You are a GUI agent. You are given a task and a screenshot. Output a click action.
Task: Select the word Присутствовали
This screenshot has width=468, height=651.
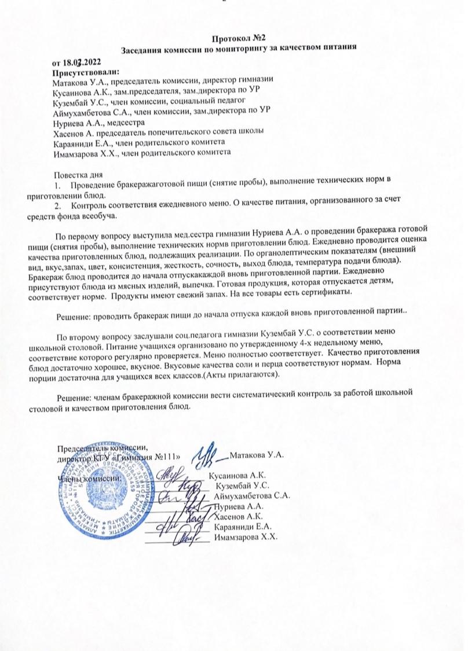coord(85,72)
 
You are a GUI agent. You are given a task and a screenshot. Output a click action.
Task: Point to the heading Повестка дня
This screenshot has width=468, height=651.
coord(78,174)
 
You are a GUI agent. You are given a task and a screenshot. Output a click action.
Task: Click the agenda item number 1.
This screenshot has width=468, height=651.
coord(56,184)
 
